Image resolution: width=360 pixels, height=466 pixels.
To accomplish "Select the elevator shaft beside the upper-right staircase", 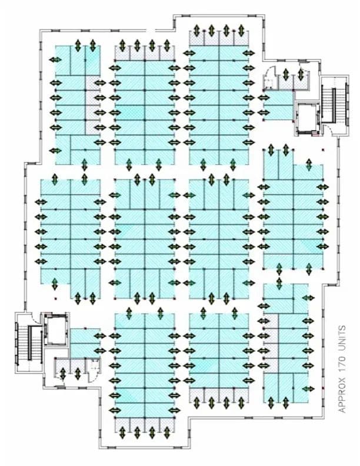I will point(306,114).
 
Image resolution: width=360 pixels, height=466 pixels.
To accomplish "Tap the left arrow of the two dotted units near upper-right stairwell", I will point(286,76).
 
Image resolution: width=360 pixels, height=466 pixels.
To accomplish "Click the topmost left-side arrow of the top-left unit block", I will point(56,60).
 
